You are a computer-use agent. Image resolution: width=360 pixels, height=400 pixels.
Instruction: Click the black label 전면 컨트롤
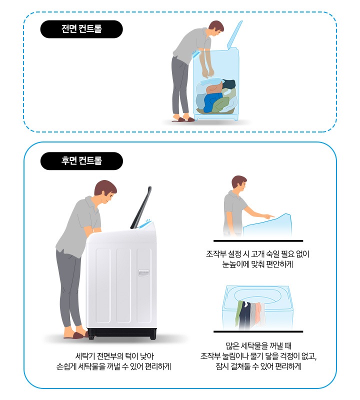(81, 29)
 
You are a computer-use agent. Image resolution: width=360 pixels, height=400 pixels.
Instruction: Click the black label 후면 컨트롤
(81, 161)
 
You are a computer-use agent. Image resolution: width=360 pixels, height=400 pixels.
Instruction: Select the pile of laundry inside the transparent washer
(216, 96)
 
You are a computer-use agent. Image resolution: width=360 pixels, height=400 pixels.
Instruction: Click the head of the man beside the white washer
(105, 193)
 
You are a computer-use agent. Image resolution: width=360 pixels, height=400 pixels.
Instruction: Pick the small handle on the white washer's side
(143, 273)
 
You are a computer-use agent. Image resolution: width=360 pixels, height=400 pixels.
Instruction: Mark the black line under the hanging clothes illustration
(258, 331)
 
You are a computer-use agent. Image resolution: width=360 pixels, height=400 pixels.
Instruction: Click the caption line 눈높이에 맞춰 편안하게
(258, 265)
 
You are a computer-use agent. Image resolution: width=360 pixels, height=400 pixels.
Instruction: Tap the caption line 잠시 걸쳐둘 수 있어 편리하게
(258, 366)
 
